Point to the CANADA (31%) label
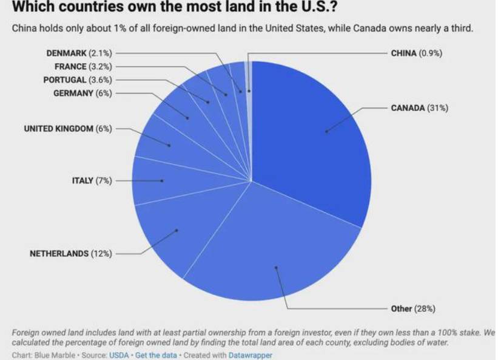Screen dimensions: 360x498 [x=419, y=109]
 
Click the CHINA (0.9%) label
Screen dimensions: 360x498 [x=417, y=53]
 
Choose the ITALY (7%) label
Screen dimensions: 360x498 [x=92, y=181]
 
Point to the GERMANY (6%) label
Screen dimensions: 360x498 [x=82, y=93]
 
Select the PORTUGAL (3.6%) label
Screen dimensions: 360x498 [x=78, y=80]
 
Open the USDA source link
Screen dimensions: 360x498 [x=119, y=355]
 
